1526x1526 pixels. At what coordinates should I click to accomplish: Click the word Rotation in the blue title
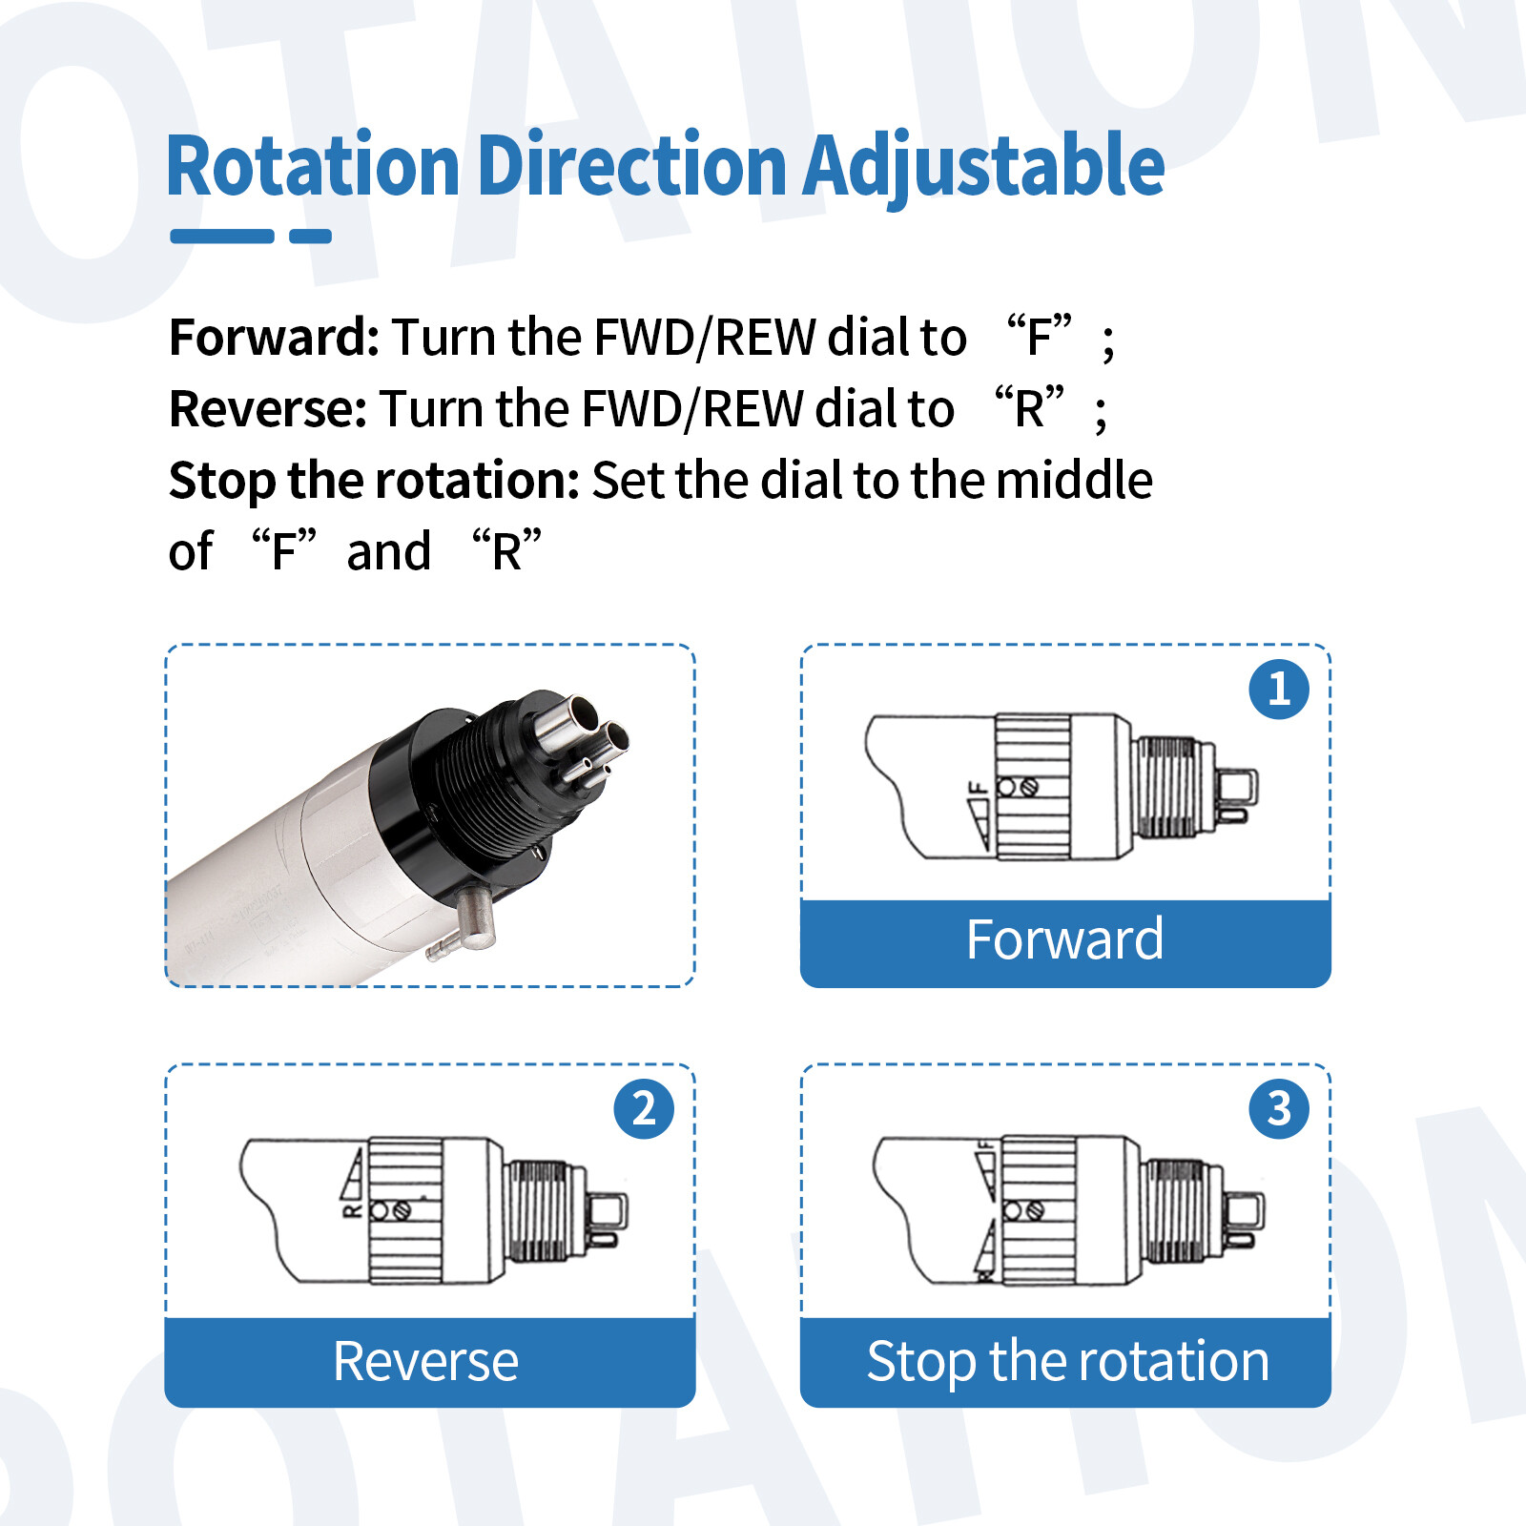pyautogui.click(x=314, y=166)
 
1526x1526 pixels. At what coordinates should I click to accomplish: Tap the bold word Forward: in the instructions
pyautogui.click(x=275, y=337)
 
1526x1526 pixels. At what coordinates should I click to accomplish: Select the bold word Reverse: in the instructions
pyautogui.click(x=268, y=408)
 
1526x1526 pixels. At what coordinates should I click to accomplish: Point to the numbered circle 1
pyautogui.click(x=1279, y=689)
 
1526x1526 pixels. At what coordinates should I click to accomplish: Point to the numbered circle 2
pyautogui.click(x=644, y=1108)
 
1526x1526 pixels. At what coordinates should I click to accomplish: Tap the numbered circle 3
pyautogui.click(x=1279, y=1108)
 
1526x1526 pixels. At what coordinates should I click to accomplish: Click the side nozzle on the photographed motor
pyautogui.click(x=464, y=924)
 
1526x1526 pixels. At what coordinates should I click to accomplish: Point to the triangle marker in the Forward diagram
pyautogui.click(x=980, y=825)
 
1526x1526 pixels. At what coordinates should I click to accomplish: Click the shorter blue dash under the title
pyautogui.click(x=311, y=237)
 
